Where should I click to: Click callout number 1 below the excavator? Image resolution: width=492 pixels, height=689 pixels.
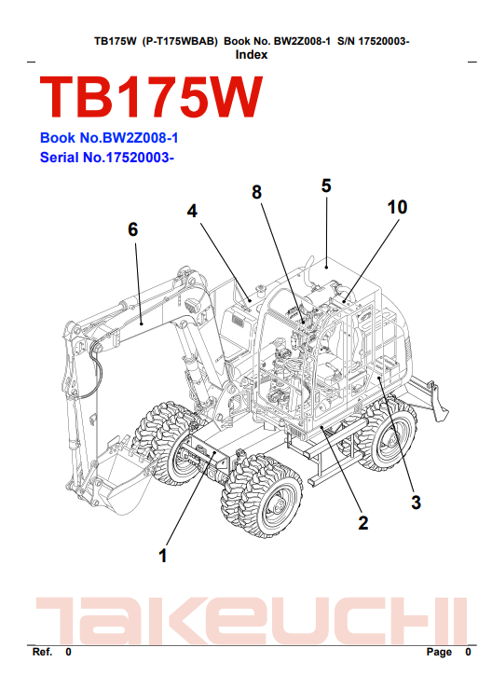tap(163, 556)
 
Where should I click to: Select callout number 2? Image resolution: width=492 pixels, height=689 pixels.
tap(362, 522)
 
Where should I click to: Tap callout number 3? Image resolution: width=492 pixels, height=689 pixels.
tap(416, 503)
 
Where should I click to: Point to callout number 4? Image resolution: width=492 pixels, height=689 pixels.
tap(192, 211)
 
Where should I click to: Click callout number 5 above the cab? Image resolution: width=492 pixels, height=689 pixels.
tap(326, 186)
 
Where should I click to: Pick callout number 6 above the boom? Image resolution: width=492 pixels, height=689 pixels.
tap(132, 229)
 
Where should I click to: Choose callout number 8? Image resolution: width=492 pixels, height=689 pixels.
tap(256, 192)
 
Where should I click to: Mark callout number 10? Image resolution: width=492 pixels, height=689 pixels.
tap(397, 207)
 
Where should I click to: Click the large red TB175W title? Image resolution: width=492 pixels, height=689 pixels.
tap(151, 98)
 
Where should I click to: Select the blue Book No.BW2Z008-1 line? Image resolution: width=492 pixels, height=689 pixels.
tap(109, 138)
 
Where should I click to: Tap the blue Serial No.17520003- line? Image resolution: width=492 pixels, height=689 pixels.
tap(107, 158)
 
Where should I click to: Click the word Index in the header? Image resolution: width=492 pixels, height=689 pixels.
tap(252, 55)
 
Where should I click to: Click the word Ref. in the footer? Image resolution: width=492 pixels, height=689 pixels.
tap(42, 652)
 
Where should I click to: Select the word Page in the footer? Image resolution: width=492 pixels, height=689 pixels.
tap(439, 652)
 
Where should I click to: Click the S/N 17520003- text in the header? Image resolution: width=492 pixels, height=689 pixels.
tap(373, 41)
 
